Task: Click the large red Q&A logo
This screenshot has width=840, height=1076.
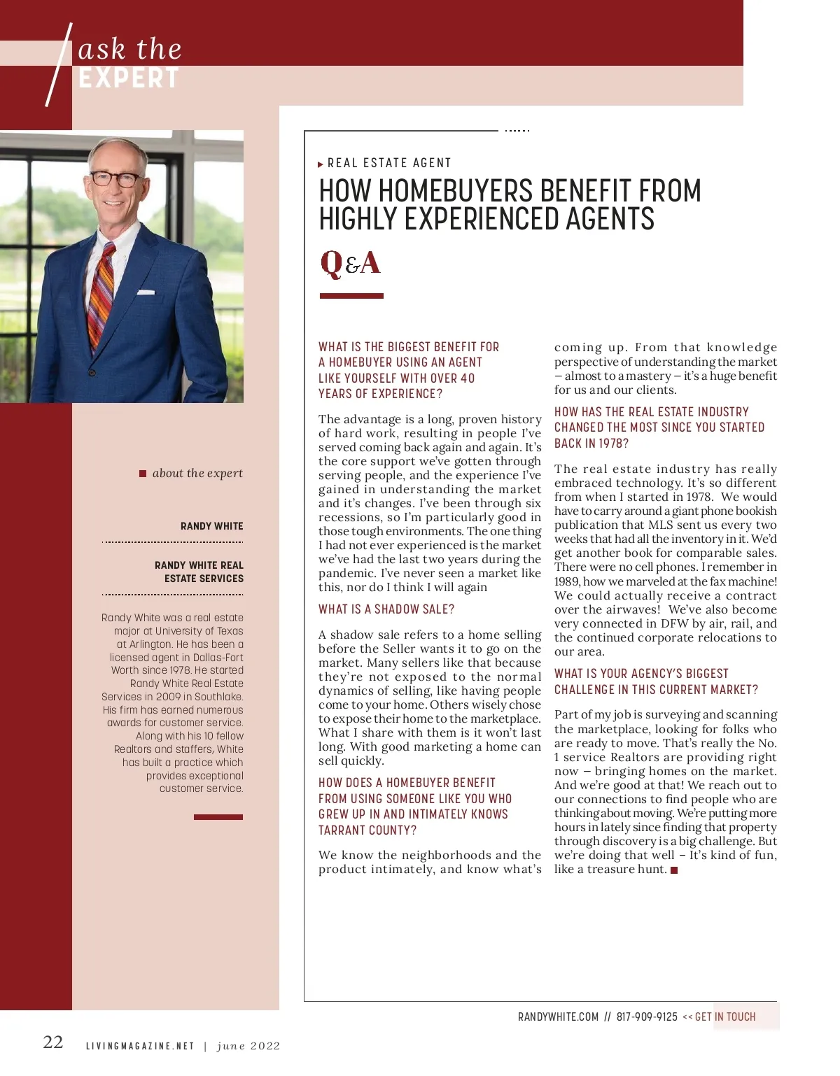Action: tap(350, 264)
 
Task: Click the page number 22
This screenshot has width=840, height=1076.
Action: tap(53, 1042)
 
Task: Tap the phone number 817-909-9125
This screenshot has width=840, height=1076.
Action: tap(647, 1017)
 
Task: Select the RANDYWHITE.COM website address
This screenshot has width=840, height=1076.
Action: tap(558, 1017)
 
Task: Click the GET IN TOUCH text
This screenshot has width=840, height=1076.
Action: tap(725, 1017)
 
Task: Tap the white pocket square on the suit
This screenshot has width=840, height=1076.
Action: tap(146, 292)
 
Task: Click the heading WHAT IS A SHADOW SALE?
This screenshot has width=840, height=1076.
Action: tap(386, 609)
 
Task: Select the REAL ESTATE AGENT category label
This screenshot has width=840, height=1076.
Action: tap(389, 163)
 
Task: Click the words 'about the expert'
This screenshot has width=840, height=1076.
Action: tap(197, 473)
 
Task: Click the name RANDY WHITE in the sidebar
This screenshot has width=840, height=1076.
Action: tap(211, 526)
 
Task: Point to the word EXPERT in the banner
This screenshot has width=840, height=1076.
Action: tap(129, 78)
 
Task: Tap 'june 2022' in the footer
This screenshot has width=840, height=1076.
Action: tap(248, 1046)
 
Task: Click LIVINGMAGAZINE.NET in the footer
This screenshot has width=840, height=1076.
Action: tap(140, 1046)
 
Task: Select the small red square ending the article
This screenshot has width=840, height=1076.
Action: tap(674, 870)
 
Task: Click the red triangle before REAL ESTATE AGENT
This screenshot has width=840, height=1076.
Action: tap(321, 164)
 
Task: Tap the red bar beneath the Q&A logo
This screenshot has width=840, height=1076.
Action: tap(351, 296)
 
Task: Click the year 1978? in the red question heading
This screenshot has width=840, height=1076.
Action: tap(614, 444)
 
